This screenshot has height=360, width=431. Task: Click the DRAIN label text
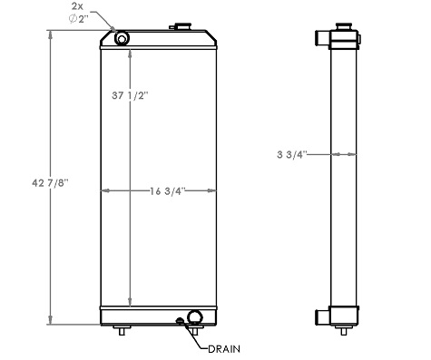point(224,348)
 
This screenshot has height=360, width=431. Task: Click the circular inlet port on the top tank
point(121,36)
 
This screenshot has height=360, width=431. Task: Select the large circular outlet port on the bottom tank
point(193,318)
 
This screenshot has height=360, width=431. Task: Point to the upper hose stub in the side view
point(322,37)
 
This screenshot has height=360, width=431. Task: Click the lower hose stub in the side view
point(322,316)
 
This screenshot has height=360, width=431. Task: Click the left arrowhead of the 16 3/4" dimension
point(103,190)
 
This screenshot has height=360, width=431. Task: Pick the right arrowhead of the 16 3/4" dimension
point(214,190)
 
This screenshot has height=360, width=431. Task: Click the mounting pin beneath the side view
point(344,330)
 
